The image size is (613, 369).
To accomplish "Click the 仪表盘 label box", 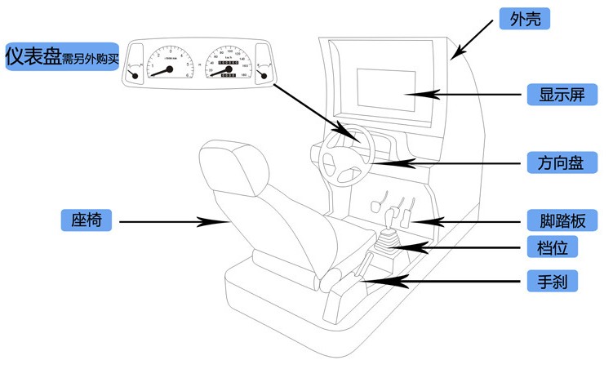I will coord(61,57).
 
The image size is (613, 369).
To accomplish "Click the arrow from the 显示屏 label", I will coord(473,95).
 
